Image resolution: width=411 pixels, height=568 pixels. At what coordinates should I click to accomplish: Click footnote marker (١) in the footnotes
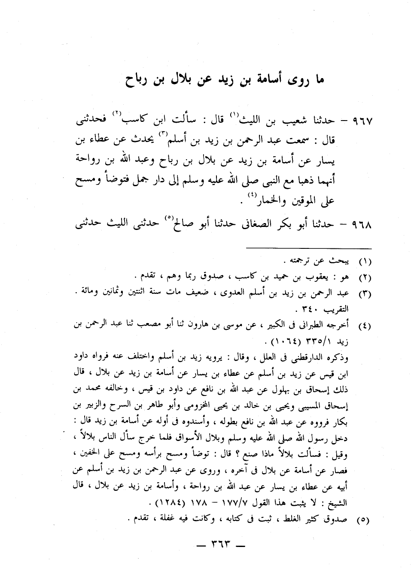point(365,261)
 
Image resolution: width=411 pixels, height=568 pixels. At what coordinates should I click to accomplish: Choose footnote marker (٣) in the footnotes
point(365,294)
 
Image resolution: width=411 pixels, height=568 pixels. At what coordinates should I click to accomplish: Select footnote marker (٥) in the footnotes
point(365,520)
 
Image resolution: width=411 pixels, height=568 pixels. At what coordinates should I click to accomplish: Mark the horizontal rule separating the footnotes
point(308,248)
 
